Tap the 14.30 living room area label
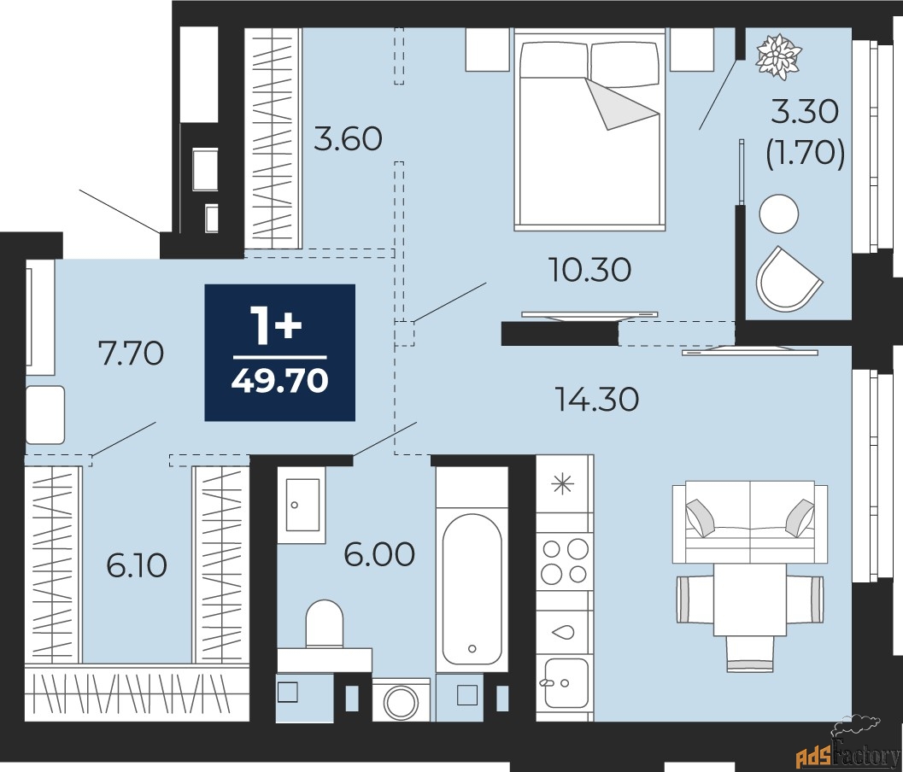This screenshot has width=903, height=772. point(596,399)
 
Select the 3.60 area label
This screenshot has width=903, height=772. point(347,139)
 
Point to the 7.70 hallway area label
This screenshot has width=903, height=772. point(131,352)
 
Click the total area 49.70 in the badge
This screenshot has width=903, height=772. point(279,380)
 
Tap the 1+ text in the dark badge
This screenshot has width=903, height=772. point(275,327)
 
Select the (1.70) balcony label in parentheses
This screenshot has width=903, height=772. point(805,154)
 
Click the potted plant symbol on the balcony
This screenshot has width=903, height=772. point(780,56)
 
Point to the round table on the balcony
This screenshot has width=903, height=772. point(779,213)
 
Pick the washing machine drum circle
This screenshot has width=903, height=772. point(400,703)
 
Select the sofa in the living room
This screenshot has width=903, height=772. point(750,521)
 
